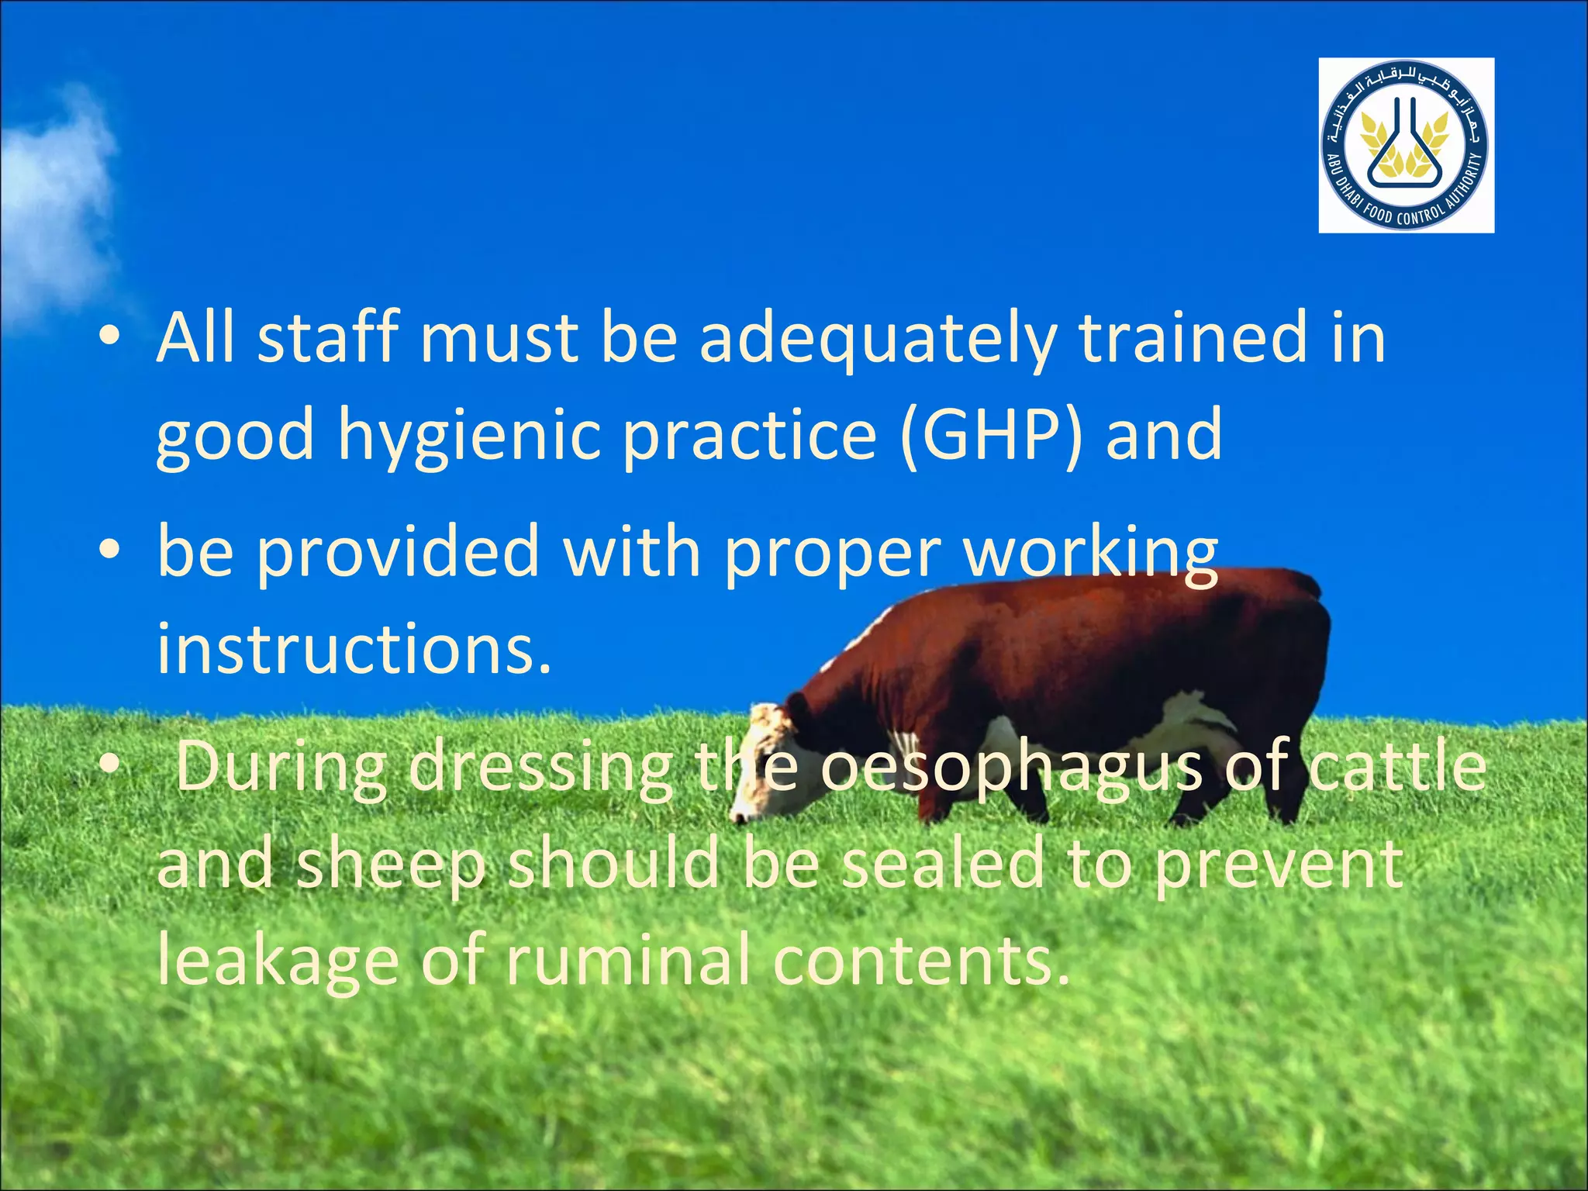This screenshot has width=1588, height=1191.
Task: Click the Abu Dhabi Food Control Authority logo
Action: point(1406,145)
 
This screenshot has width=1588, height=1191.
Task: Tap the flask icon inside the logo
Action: point(1405,147)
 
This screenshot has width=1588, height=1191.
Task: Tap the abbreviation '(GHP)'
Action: point(992,436)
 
